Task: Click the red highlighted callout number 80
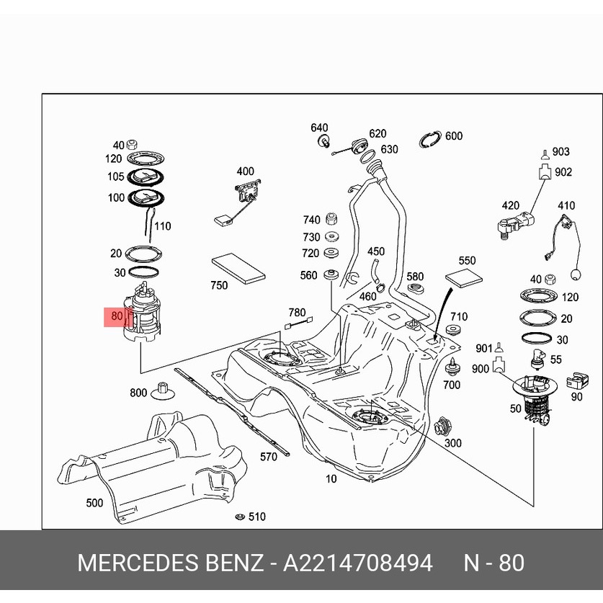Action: (117, 316)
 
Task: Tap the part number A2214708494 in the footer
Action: (357, 563)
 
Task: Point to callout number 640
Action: (319, 128)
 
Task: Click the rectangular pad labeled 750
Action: (238, 267)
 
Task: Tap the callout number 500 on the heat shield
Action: (94, 503)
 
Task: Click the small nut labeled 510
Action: (238, 517)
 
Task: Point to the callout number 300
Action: (452, 443)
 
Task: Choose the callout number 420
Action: (510, 205)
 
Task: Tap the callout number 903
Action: (560, 151)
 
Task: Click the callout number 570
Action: (268, 457)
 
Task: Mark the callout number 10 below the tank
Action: (331, 478)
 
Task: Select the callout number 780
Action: (297, 313)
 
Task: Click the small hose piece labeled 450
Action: (375, 272)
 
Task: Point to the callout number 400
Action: (245, 171)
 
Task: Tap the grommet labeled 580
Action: (415, 290)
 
